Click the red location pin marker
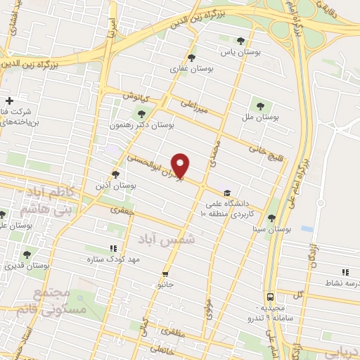(x=181, y=165)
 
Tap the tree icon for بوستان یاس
(x=242, y=41)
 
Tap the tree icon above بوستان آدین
(x=115, y=174)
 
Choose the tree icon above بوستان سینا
(x=272, y=218)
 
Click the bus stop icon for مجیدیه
(x=271, y=297)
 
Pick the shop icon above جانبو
(x=165, y=274)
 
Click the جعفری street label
(x=120, y=209)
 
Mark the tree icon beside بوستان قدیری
(x=27, y=255)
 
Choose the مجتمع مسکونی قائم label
(x=59, y=300)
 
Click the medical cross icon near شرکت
(x=8, y=100)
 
